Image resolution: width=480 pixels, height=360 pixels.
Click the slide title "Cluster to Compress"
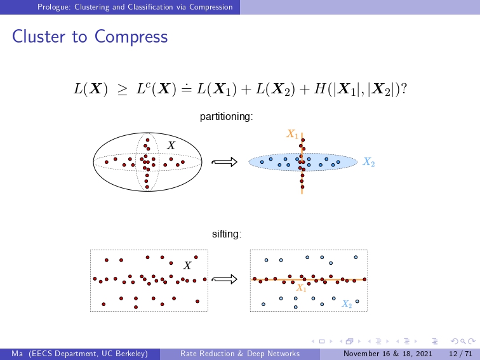point(90,37)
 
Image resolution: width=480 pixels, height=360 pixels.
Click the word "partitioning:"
point(226,117)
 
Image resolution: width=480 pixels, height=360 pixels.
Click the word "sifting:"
point(227,234)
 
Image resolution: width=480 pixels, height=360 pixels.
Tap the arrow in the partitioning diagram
point(224,162)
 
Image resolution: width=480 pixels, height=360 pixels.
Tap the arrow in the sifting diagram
point(224,279)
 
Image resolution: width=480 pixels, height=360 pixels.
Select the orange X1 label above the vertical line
point(292,134)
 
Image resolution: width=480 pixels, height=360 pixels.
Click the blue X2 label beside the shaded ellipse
point(368,162)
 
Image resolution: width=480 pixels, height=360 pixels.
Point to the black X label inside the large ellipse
point(171,145)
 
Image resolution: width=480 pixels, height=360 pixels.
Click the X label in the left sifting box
point(187,265)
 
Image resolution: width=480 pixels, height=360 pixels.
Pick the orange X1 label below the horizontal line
point(301,288)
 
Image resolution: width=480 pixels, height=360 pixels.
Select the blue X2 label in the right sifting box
point(347,303)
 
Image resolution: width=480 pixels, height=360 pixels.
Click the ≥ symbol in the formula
point(122,90)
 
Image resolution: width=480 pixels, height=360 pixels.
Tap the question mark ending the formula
point(404,89)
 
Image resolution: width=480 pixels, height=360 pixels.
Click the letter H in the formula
point(320,89)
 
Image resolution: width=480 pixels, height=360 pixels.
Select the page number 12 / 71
point(461,354)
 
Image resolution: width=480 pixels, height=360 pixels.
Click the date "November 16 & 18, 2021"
point(388,354)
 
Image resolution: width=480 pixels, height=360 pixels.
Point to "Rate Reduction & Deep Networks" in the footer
point(240,354)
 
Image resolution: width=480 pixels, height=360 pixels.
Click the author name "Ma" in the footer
point(17,354)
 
